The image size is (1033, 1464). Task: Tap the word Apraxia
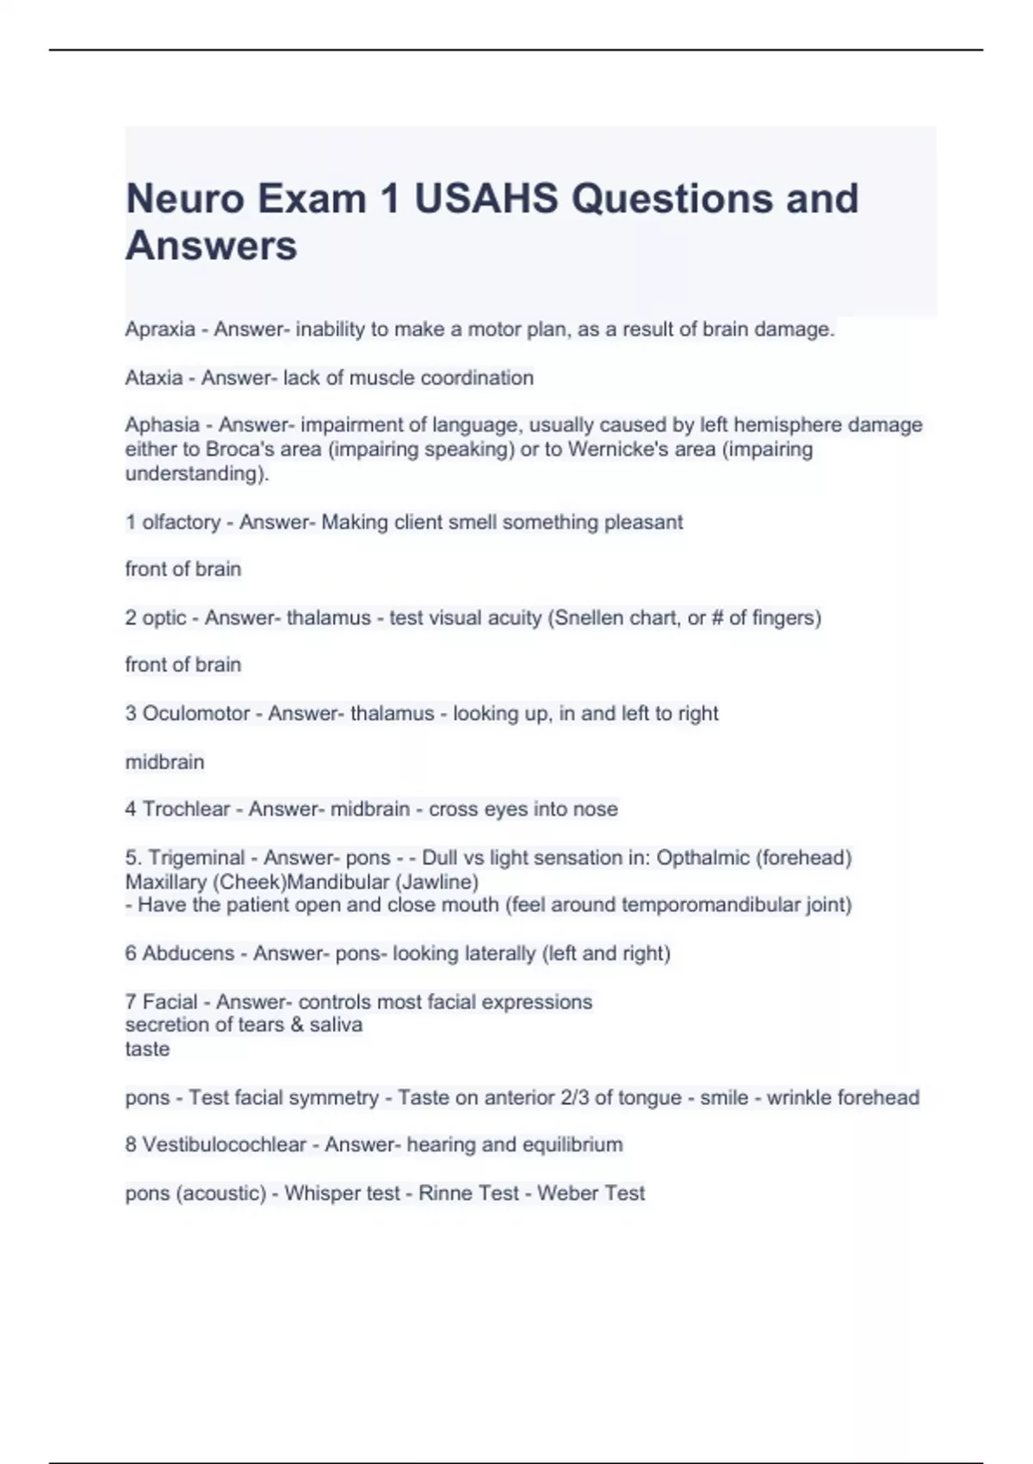pos(160,329)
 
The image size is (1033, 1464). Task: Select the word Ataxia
pos(154,377)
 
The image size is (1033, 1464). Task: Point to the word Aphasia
pos(162,425)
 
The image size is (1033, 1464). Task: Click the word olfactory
pos(181,522)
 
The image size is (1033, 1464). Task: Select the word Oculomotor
pos(195,713)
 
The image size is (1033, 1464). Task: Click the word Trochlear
pos(186,809)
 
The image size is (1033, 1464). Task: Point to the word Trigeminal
pos(196,858)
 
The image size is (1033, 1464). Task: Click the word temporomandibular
pos(703,905)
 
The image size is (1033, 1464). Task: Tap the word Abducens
pos(188,953)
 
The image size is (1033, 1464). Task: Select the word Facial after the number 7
pos(170,1002)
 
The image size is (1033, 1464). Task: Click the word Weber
pos(563,1193)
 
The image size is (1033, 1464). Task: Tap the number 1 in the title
pos(389,199)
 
